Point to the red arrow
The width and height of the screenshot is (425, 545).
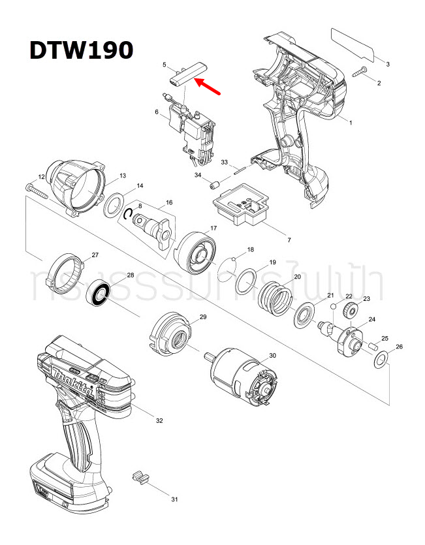(x=209, y=87)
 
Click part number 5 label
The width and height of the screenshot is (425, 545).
(x=165, y=65)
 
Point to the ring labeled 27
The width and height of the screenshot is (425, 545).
(x=68, y=269)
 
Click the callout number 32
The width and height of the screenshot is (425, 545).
(x=159, y=420)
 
